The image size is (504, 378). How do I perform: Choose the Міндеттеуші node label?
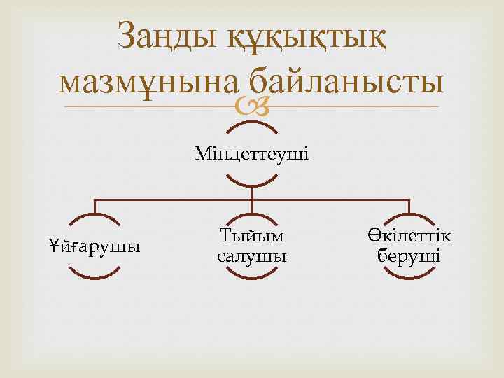252,152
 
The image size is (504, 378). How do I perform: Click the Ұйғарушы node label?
94,246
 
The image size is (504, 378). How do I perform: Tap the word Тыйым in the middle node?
252,235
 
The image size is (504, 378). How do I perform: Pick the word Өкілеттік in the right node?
409,235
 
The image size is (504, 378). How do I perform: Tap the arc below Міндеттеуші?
252,183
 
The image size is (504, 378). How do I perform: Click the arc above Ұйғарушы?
94,216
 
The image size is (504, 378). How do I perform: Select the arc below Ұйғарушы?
94,278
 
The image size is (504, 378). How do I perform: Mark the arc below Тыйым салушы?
252,278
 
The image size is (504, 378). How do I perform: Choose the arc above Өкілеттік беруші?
409,216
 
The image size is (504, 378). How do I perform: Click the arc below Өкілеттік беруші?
409,278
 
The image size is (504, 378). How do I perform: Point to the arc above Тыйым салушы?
252,216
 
